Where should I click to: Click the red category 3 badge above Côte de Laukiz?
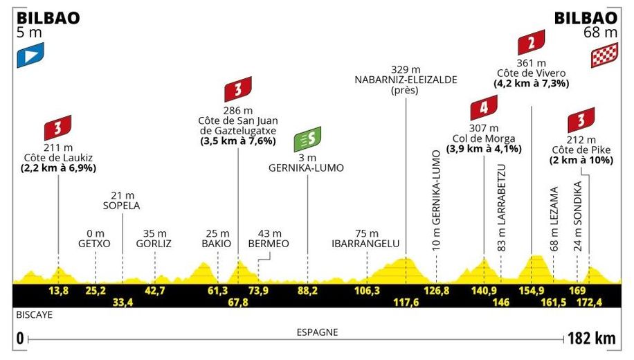[59, 127]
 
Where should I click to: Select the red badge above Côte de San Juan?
[237, 89]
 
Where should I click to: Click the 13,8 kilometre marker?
[59, 289]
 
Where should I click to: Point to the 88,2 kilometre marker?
[307, 289]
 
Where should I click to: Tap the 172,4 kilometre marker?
[594, 302]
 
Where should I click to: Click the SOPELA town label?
[122, 206]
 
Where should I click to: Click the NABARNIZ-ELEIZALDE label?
[406, 80]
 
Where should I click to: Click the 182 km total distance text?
[592, 339]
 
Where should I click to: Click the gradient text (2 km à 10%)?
[580, 159]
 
